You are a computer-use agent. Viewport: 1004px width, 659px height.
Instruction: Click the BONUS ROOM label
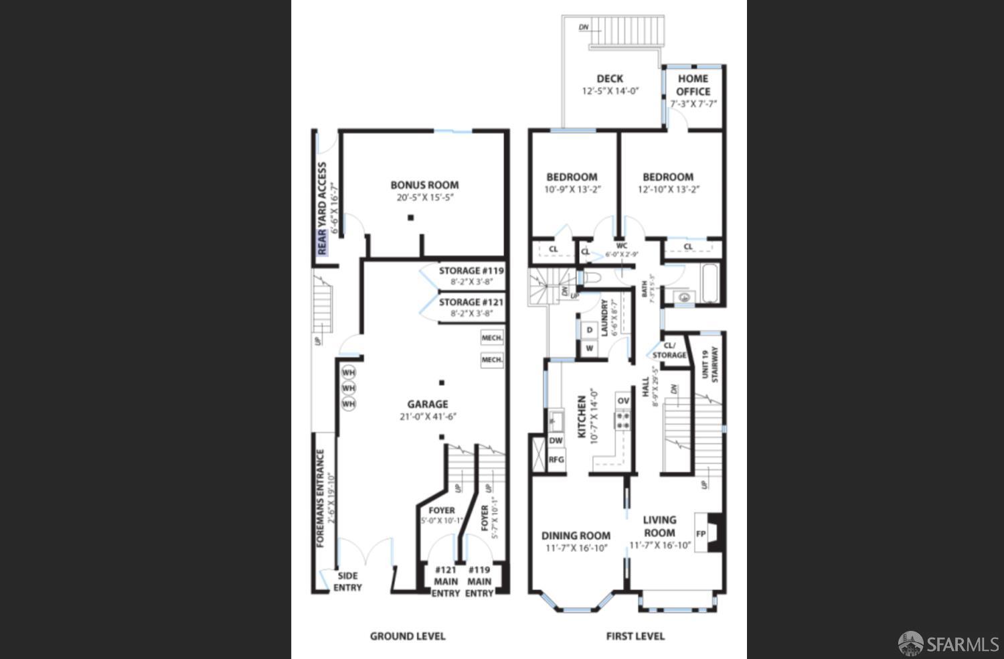click(424, 185)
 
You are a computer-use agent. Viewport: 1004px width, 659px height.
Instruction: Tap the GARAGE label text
click(428, 404)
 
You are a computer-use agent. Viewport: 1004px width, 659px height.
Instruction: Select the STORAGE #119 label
click(471, 271)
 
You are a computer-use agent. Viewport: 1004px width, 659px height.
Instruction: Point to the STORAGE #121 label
click(471, 303)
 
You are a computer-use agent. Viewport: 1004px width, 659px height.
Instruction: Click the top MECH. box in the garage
click(492, 338)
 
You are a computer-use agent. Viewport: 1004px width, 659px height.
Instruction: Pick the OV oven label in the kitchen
click(623, 401)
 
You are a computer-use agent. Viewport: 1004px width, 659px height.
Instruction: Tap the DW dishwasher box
click(556, 441)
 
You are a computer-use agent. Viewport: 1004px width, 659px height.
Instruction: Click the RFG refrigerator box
click(556, 460)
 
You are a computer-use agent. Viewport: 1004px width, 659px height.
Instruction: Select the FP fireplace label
click(701, 534)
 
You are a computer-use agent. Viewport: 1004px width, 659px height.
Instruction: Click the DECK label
click(610, 78)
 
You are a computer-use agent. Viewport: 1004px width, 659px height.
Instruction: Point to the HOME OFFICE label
click(693, 85)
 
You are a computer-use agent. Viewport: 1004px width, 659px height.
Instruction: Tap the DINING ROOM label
click(576, 536)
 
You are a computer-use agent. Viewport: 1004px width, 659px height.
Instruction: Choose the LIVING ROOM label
click(659, 526)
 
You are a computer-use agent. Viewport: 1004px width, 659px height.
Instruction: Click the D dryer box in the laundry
click(589, 330)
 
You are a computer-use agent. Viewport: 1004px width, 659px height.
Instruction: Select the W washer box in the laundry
click(589, 348)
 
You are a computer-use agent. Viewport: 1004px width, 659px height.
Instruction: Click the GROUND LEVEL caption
click(408, 636)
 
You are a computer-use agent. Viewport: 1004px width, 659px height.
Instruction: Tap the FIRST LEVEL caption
click(635, 636)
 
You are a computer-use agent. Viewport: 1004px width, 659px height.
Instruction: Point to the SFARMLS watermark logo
click(948, 644)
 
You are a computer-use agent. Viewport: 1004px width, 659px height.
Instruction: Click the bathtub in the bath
click(709, 283)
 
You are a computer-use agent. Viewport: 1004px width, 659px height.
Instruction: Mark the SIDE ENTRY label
click(347, 581)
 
